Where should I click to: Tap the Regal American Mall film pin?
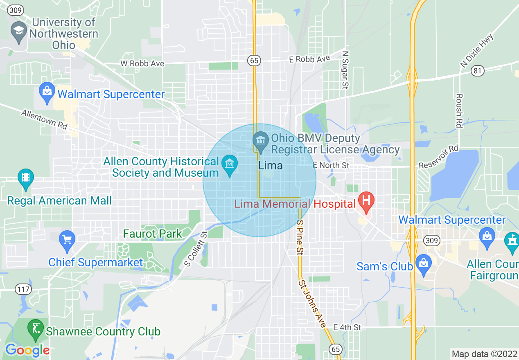point(26,178)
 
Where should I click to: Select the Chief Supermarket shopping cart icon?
point(67,239)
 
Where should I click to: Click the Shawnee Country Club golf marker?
point(36,328)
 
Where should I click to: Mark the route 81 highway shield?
point(477,71)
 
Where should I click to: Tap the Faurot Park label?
point(152,234)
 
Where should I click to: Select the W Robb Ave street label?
point(142,63)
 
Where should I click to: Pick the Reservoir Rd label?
point(438,157)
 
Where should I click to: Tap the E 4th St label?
point(347,327)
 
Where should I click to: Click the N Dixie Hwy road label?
point(477,51)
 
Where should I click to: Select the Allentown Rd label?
point(44,119)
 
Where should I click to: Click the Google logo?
point(27,350)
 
